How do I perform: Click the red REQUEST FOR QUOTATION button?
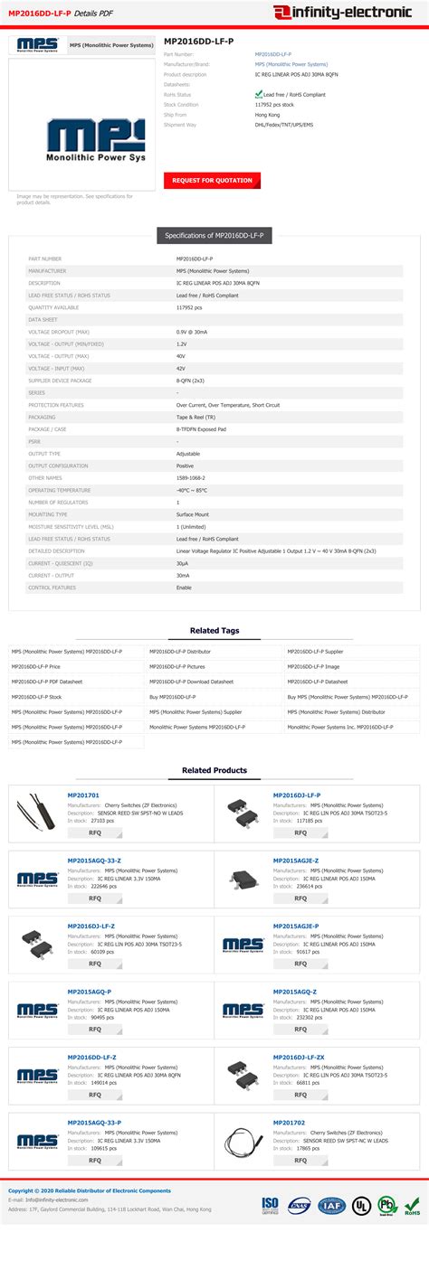pyautogui.click(x=212, y=181)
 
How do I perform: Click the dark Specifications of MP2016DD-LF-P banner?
pyautogui.click(x=214, y=235)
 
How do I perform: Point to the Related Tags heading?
pyautogui.click(x=214, y=630)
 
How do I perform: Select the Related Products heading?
pyautogui.click(x=214, y=770)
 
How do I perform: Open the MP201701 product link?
pyautogui.click(x=83, y=795)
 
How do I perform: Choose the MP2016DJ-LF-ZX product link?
pyautogui.click(x=299, y=1057)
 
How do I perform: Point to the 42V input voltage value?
pyautogui.click(x=181, y=369)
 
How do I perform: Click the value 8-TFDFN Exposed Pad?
pyautogui.click(x=200, y=429)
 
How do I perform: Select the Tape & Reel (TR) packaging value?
pyautogui.click(x=196, y=417)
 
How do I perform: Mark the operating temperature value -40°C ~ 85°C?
pyautogui.click(x=192, y=490)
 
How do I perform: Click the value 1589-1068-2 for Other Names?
pyautogui.click(x=191, y=477)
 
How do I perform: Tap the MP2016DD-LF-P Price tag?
pyautogui.click(x=36, y=666)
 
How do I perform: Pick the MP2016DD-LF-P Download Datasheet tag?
pyautogui.click(x=191, y=682)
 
